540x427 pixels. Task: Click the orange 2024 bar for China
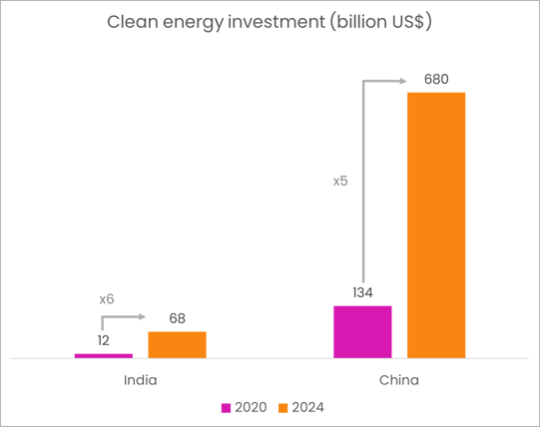pyautogui.click(x=436, y=224)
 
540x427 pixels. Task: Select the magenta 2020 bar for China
pyautogui.click(x=362, y=331)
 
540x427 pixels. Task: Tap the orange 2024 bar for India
pyautogui.click(x=177, y=344)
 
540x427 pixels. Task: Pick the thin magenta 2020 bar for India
pyautogui.click(x=103, y=354)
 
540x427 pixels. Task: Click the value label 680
pyautogui.click(x=436, y=79)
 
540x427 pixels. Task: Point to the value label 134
pyautogui.click(x=362, y=292)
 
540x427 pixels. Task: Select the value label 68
pyautogui.click(x=177, y=318)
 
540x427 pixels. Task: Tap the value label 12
pyautogui.click(x=104, y=340)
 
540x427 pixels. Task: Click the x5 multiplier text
pyautogui.click(x=340, y=182)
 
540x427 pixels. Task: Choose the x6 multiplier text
pyautogui.click(x=107, y=299)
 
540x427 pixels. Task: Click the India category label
pyautogui.click(x=140, y=380)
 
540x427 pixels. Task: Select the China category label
pyautogui.click(x=399, y=380)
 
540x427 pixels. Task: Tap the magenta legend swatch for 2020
pyautogui.click(x=227, y=407)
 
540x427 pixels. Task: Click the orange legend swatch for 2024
pyautogui.click(x=282, y=407)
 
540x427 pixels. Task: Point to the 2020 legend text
pyautogui.click(x=250, y=407)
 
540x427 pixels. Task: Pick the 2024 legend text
pyautogui.click(x=307, y=407)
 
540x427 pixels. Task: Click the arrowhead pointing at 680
pyautogui.click(x=403, y=81)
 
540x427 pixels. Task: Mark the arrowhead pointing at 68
pyautogui.click(x=143, y=317)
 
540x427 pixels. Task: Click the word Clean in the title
pyautogui.click(x=130, y=22)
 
